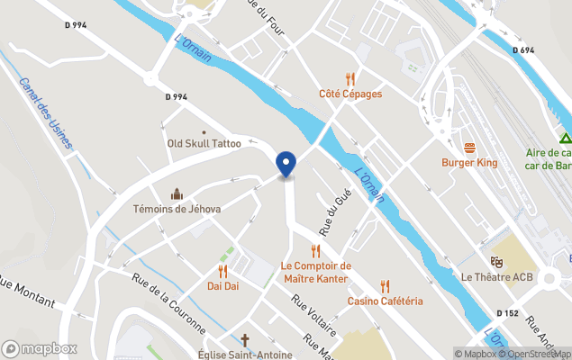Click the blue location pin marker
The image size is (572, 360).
point(286,164)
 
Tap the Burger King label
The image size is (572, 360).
point(469,163)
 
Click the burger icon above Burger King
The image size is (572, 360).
point(469,148)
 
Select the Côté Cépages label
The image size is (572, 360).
point(350,94)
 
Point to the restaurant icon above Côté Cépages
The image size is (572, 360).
point(350,78)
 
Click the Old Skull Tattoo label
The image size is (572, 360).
point(204,143)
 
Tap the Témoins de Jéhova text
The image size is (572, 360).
point(177,209)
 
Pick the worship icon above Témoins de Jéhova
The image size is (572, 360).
point(177,193)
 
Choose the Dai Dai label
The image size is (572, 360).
point(222,286)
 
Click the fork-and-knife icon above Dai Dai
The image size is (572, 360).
point(222,271)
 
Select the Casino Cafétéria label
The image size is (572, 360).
point(386,301)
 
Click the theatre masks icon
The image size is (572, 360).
point(494,262)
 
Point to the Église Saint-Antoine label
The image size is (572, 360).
point(244,355)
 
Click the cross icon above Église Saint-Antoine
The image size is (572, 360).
point(244,340)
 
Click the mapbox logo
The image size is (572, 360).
point(40,348)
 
